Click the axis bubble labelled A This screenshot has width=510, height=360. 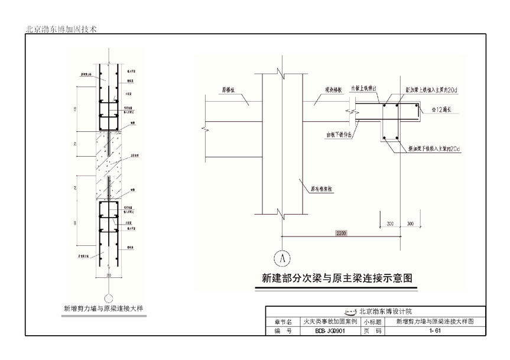pos(282,258)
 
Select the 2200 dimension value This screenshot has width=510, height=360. pos(341,233)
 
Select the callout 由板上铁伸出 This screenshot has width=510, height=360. pos(368,88)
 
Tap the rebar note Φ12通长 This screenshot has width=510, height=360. pos(441,109)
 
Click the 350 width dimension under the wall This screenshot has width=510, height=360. pos(108,275)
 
